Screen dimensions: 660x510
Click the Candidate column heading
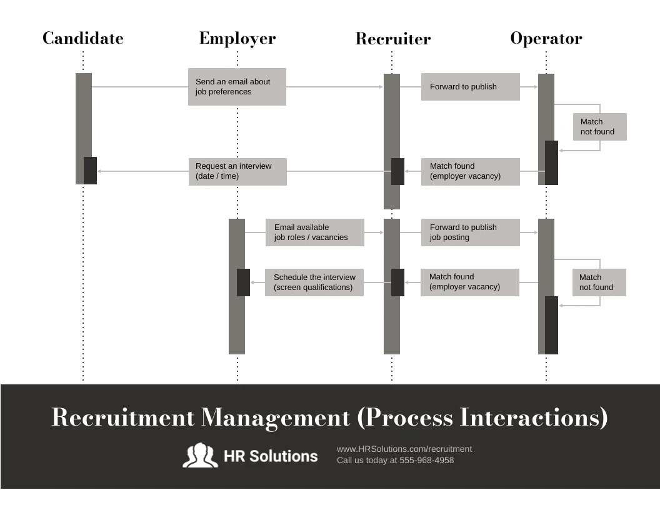coord(83,38)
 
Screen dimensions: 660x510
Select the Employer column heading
coord(237,38)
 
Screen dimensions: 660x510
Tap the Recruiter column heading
coord(393,38)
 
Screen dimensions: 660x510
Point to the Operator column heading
coord(546,38)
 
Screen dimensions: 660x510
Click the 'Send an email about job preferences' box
coord(237,87)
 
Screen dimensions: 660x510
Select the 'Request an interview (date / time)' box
coord(237,172)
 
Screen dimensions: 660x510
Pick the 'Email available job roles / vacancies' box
coord(315,232)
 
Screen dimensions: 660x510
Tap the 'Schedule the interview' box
coord(314,282)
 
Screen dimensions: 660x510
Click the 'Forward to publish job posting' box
coord(471,232)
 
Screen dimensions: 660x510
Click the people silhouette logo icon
coord(201,455)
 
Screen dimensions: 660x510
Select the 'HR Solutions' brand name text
coord(271,456)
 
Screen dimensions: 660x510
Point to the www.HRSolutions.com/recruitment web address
coord(404,449)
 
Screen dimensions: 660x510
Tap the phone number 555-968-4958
coord(427,461)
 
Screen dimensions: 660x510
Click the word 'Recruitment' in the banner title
coord(123,417)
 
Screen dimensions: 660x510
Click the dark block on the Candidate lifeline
coord(90,171)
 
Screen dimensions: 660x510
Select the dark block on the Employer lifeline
coord(243,282)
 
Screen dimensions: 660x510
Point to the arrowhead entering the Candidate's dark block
coord(99,171)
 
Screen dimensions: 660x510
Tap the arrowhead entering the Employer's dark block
coord(252,282)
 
